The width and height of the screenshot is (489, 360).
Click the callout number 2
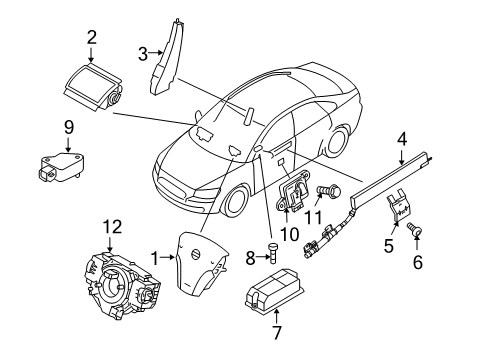(x=91, y=38)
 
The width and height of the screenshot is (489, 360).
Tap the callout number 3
(x=143, y=52)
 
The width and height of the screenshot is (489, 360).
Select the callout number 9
(x=69, y=127)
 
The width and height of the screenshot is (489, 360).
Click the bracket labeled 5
(x=400, y=214)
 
